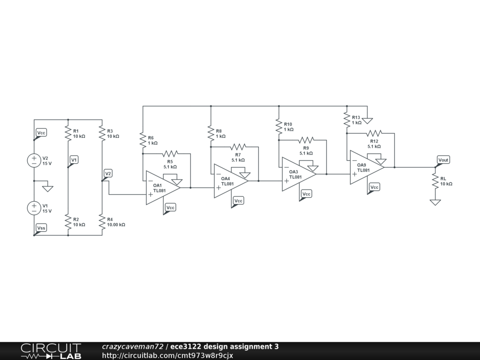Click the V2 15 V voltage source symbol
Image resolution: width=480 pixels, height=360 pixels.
click(34, 160)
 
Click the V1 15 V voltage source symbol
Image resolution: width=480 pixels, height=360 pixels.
click(34, 208)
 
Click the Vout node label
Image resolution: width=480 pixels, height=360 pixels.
click(443, 160)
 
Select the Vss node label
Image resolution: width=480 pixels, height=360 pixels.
click(42, 228)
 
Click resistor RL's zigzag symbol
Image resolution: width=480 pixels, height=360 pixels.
click(435, 181)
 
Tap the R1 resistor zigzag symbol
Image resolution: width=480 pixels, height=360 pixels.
click(68, 134)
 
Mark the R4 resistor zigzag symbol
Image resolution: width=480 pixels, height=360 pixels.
click(102, 222)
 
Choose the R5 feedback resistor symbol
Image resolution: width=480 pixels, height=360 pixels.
click(170, 154)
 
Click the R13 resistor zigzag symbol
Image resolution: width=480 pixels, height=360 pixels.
click(347, 120)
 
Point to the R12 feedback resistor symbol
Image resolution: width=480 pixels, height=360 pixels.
click(374, 133)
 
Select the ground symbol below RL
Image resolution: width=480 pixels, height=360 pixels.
click(435, 202)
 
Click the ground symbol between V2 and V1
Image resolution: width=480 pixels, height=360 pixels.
click(47, 188)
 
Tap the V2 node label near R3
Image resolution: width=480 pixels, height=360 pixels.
click(108, 173)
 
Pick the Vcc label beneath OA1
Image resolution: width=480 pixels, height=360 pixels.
click(171, 208)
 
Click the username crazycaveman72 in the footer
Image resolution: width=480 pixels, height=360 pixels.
click(133, 347)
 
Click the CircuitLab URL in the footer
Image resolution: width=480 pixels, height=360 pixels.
click(167, 355)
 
